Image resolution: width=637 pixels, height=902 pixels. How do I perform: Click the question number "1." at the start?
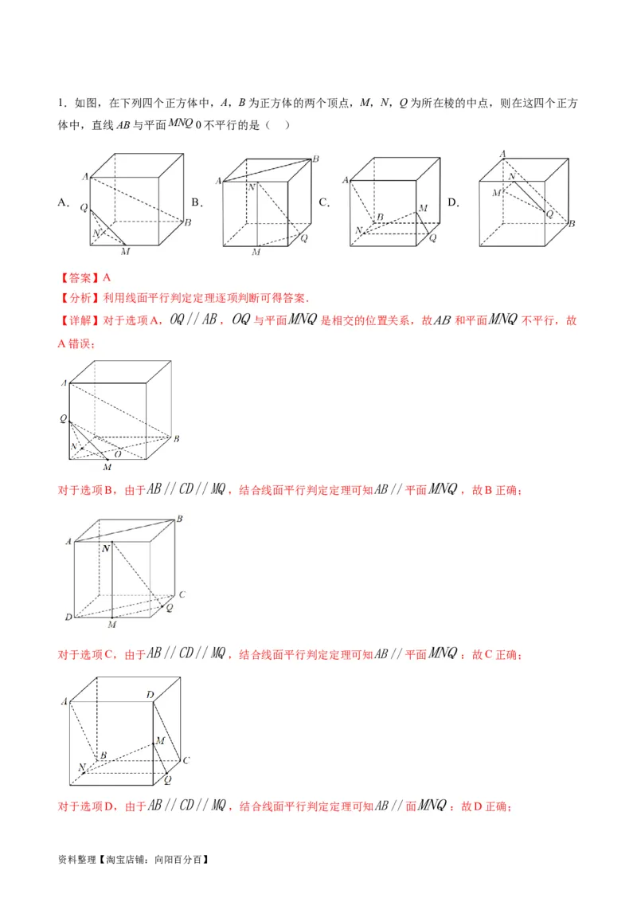(x=62, y=103)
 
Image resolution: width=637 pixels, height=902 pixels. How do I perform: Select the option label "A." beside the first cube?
(x=63, y=202)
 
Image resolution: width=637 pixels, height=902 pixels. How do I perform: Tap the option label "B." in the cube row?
(x=197, y=202)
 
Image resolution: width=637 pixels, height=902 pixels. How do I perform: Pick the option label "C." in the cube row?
(x=324, y=202)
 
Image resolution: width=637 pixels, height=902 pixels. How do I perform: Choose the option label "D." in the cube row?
(x=453, y=202)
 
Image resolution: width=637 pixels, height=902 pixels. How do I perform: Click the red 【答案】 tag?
(x=80, y=278)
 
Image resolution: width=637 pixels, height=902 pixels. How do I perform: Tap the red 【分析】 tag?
(x=80, y=298)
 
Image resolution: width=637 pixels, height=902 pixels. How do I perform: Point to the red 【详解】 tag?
(x=80, y=320)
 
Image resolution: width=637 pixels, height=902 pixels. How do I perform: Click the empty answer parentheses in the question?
(x=278, y=125)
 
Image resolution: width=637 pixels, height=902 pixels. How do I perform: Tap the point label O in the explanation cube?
(x=117, y=454)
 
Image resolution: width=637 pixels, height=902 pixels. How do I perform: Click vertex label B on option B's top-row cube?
(x=315, y=159)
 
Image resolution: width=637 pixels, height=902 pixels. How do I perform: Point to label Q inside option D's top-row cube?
(x=549, y=214)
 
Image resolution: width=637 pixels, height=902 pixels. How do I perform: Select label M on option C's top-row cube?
(x=423, y=208)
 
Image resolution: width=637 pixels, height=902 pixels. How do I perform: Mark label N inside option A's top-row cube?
(x=96, y=233)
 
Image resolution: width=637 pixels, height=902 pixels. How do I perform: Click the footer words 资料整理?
(x=76, y=860)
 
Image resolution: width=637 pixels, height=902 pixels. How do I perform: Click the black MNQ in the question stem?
(x=180, y=123)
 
